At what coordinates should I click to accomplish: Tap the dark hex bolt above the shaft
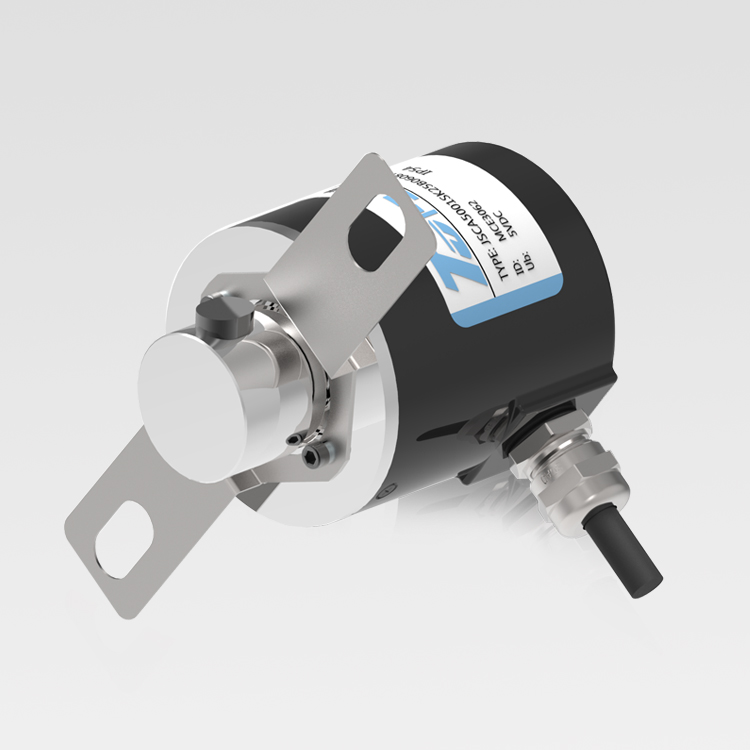tap(220, 318)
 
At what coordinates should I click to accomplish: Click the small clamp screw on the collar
tap(291, 441)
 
